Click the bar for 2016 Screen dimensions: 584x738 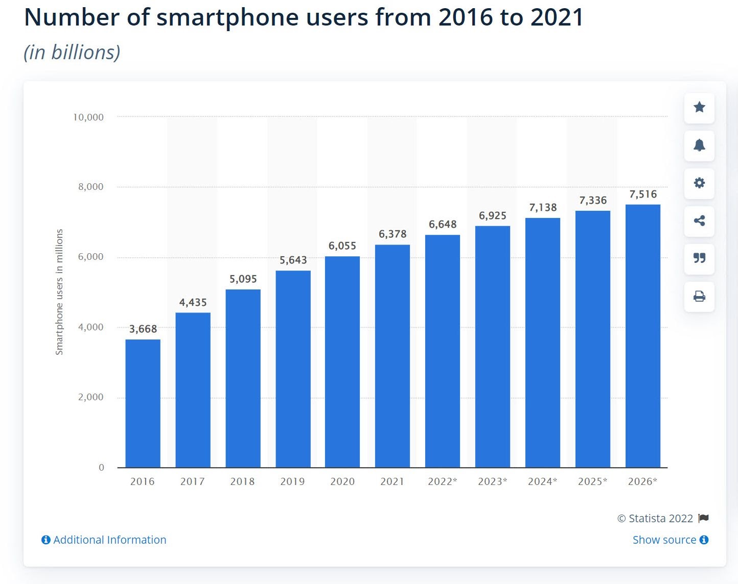[143, 403]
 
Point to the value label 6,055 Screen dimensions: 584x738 [342, 246]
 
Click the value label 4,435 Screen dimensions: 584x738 [193, 303]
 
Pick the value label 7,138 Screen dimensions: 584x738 [543, 208]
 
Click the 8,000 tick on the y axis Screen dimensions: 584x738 [90, 187]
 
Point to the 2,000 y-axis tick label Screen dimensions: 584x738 [90, 397]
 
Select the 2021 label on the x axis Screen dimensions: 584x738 [392, 481]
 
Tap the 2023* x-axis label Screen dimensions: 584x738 [493, 481]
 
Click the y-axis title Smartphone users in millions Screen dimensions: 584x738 [59, 292]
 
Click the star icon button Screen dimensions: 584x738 [699, 107]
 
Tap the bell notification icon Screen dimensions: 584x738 [699, 145]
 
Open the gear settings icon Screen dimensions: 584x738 [699, 183]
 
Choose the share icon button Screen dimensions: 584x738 [699, 221]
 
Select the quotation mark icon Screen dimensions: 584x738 [699, 258]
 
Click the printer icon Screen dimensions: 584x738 [699, 296]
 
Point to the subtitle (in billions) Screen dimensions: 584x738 [72, 53]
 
